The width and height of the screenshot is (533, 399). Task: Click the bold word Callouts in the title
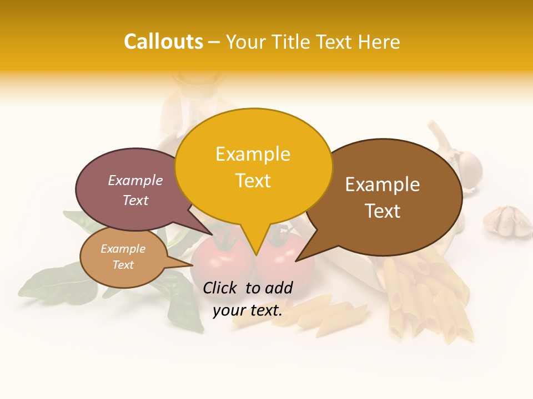[163, 42]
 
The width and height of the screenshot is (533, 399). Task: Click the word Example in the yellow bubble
[253, 154]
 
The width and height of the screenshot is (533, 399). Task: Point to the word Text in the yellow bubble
[253, 181]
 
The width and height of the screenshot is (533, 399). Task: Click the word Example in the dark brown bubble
[383, 185]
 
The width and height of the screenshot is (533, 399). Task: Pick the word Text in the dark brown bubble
[383, 211]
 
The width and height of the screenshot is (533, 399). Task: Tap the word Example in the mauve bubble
[135, 181]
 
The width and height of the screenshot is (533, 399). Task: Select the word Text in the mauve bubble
[135, 200]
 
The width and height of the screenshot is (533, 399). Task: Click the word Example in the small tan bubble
[123, 249]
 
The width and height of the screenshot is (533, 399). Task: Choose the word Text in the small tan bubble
[123, 265]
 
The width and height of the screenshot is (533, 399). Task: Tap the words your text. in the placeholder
[248, 311]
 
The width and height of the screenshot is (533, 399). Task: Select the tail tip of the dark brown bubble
[296, 260]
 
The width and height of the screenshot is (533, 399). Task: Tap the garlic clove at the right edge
[507, 221]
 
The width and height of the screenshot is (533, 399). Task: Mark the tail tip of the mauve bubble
[212, 234]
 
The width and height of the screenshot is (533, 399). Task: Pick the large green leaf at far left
[53, 283]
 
